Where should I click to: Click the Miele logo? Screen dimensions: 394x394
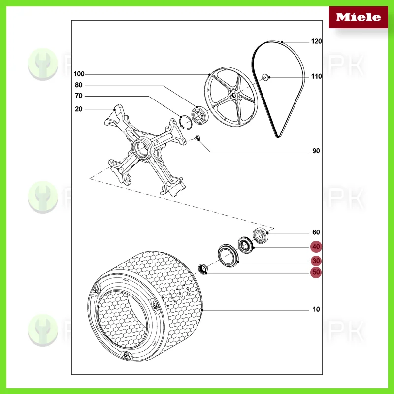click(358, 17)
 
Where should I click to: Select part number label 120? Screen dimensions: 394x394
click(316, 42)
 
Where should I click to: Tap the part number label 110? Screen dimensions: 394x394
click(316, 77)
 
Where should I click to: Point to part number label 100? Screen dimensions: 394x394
click(79, 74)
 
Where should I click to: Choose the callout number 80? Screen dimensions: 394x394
click(79, 85)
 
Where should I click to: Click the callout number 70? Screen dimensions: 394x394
click(79, 96)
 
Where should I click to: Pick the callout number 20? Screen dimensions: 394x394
click(79, 109)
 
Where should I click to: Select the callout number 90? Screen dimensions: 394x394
click(316, 151)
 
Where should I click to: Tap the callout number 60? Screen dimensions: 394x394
click(316, 232)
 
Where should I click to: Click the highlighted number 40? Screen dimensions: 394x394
click(316, 247)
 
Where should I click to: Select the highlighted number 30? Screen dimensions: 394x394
click(316, 261)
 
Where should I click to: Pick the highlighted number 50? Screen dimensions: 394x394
click(316, 272)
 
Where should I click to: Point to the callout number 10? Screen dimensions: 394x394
click(316, 309)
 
